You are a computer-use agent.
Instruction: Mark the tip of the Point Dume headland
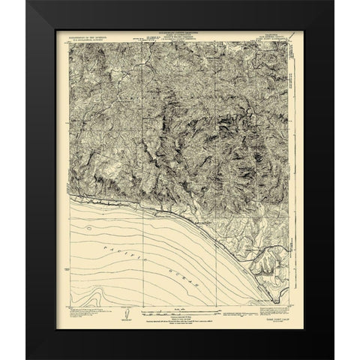coord(278,304)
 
